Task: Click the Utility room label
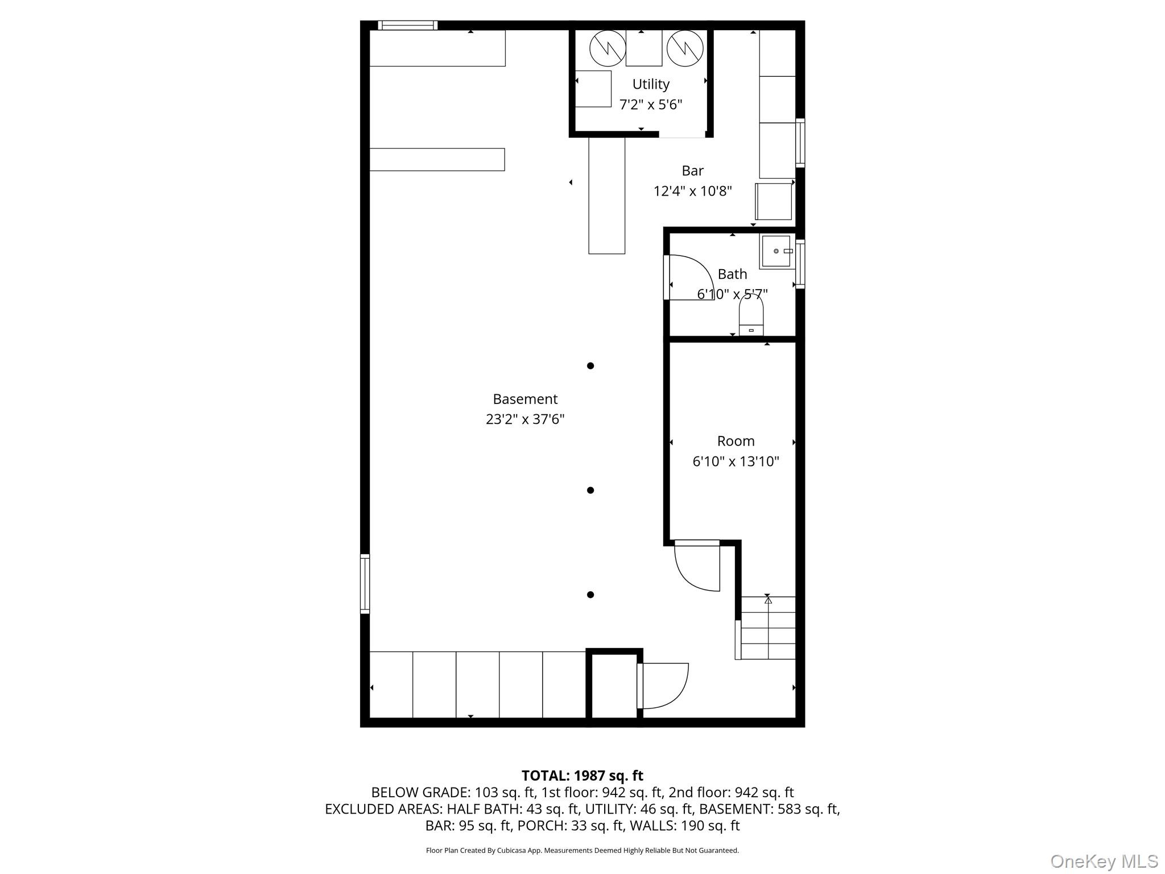pos(650,84)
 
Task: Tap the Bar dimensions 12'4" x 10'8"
pos(692,191)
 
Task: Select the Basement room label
pos(524,399)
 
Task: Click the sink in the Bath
pos(776,251)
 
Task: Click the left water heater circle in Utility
pos(608,48)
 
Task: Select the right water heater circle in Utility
pos(685,48)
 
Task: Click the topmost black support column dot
pos(590,366)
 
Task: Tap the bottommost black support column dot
pos(590,595)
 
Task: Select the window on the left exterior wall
pos(365,584)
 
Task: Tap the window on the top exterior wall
pos(407,25)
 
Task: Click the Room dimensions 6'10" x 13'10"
pos(735,461)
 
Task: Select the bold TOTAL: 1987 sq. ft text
pos(582,776)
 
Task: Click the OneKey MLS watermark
pos(1104,861)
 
